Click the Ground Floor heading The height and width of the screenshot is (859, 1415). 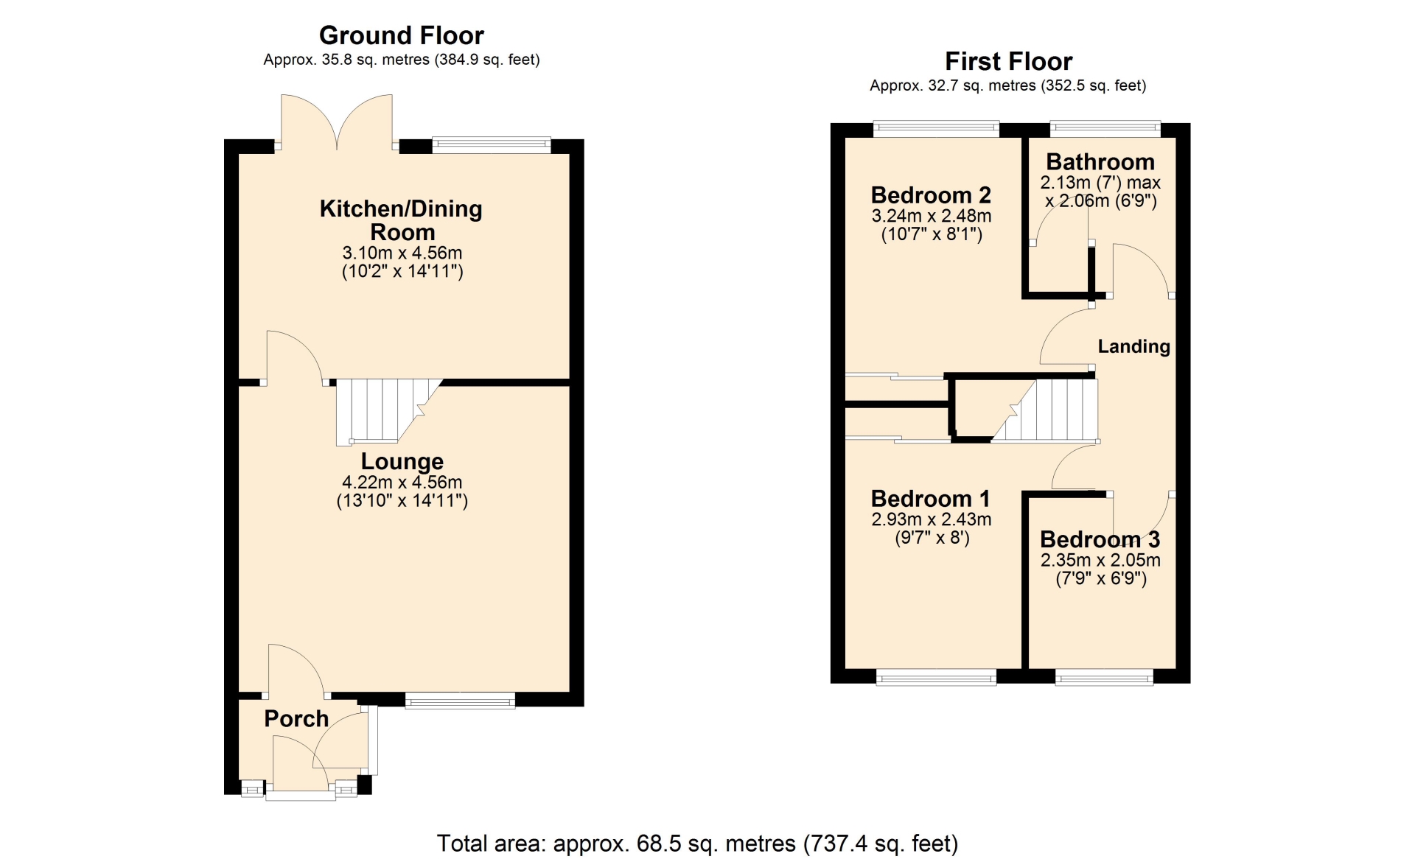tap(402, 35)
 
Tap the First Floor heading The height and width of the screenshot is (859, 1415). tap(1008, 61)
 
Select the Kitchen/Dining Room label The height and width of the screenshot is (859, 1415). tap(402, 220)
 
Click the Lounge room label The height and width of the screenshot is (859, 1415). tap(402, 461)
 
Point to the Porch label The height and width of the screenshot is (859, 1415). tap(296, 718)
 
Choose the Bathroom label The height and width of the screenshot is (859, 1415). tap(1100, 161)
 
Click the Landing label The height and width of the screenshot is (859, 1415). tap(1134, 346)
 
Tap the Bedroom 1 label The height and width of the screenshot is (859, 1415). tap(930, 499)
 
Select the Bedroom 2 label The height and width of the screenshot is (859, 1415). tap(931, 195)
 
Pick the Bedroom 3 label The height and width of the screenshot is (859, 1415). tap(1100, 539)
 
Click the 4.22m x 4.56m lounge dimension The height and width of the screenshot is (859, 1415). tap(402, 483)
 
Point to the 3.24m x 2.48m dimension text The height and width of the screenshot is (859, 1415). tap(932, 216)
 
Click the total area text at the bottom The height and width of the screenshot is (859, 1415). tap(697, 844)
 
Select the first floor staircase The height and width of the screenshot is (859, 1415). tap(1044, 410)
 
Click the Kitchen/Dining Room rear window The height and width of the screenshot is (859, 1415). tap(492, 145)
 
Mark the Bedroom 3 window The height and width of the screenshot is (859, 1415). tap(1104, 677)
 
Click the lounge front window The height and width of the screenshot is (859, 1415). tap(460, 700)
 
